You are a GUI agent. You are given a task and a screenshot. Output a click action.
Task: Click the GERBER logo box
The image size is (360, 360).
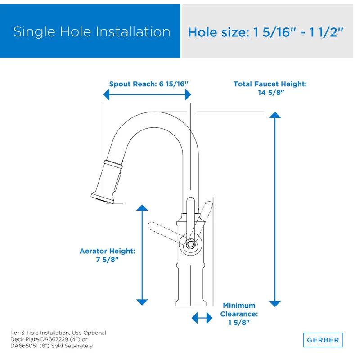coord(323,340)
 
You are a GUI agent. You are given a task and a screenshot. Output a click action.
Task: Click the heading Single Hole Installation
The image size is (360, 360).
coord(92,31)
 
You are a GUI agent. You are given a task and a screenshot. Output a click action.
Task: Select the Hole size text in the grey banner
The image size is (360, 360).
coord(265,32)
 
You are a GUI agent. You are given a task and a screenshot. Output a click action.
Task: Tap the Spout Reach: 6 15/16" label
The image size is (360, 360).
coord(148,84)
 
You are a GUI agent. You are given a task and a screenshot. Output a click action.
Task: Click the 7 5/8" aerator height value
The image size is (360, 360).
coord(107,260)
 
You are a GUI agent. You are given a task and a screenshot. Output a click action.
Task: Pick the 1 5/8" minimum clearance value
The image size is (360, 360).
coord(239,322)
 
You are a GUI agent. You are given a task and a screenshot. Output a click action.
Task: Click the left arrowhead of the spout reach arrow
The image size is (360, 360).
coord(107,94)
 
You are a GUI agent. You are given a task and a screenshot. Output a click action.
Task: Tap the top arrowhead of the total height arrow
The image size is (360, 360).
coord(274,115)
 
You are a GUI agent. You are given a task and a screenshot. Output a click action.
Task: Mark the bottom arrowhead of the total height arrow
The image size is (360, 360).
coord(274,304)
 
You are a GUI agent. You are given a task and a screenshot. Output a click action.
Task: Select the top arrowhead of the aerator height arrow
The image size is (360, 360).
coord(142,207)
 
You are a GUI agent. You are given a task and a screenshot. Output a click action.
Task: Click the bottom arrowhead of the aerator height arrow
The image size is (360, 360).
coord(142,302)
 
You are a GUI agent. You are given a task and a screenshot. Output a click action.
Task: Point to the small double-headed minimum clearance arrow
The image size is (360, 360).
coord(202,318)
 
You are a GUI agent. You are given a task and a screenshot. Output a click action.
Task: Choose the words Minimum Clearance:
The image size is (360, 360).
coord(239,310)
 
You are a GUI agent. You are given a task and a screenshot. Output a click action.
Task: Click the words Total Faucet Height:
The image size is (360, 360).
coord(270,84)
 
